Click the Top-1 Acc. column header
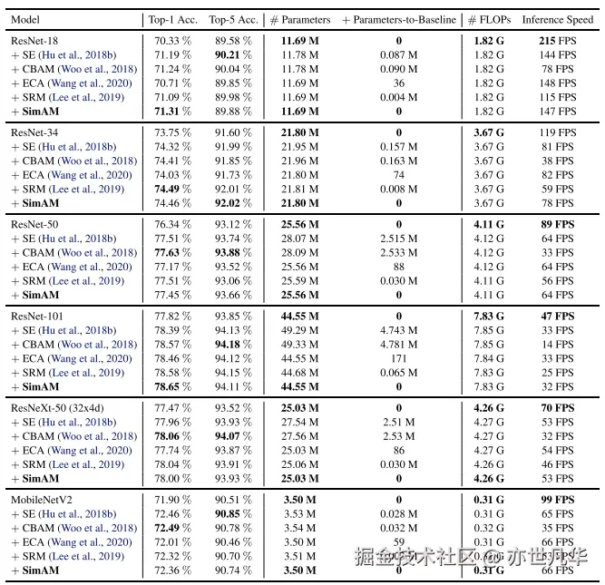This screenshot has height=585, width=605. point(172,19)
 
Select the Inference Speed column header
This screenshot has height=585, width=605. point(557,19)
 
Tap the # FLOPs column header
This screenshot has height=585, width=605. point(488,19)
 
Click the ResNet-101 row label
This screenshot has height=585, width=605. point(37,316)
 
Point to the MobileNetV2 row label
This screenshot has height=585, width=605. point(42,500)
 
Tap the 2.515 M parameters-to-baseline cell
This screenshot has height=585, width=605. point(399,239)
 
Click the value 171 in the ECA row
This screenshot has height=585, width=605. point(399,358)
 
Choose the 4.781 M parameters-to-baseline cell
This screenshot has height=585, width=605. point(399,345)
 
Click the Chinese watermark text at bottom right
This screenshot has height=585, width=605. point(472,555)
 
